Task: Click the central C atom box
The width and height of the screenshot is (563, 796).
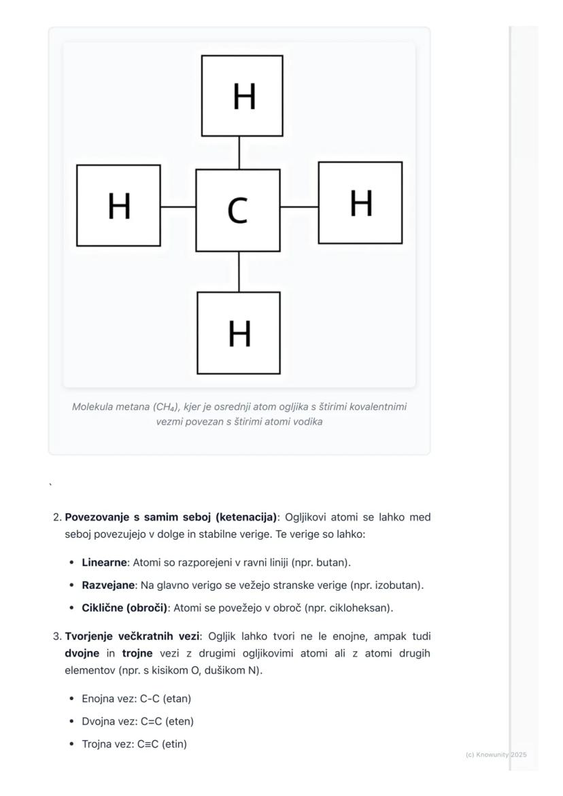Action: (x=238, y=210)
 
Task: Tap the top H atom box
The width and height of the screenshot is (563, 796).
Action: (x=242, y=96)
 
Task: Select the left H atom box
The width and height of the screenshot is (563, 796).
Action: (x=119, y=205)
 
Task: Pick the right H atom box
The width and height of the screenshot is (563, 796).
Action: (x=360, y=203)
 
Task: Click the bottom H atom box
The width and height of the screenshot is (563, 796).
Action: (x=239, y=333)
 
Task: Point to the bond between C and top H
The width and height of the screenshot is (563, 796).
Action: (x=239, y=153)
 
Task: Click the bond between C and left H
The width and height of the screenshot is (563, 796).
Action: (x=178, y=206)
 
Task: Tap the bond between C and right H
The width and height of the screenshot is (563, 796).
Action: (x=299, y=206)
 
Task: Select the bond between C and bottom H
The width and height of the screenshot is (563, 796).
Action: (x=239, y=272)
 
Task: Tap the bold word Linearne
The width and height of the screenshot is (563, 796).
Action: (x=104, y=563)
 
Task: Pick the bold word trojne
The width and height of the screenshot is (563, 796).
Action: (x=137, y=653)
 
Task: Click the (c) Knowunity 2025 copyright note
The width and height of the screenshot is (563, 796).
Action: (x=496, y=755)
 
